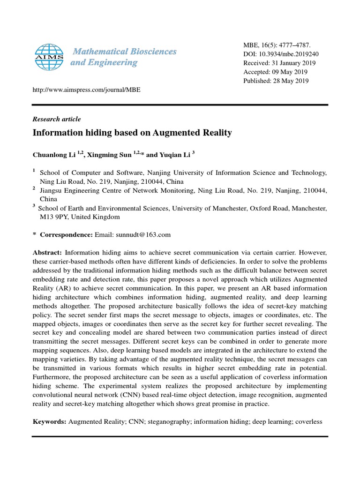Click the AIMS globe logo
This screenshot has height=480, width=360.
[x=50, y=57]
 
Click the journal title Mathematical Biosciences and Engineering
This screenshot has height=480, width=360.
[x=123, y=57]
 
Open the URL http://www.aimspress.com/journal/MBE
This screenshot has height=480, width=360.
[x=87, y=90]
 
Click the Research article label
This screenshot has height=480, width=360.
[x=57, y=119]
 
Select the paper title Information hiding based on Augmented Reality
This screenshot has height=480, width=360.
[x=132, y=133]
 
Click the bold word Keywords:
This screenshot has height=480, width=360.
[x=50, y=422]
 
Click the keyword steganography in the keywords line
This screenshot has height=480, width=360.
[x=169, y=422]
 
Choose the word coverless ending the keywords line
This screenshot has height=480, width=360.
[x=308, y=422]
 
